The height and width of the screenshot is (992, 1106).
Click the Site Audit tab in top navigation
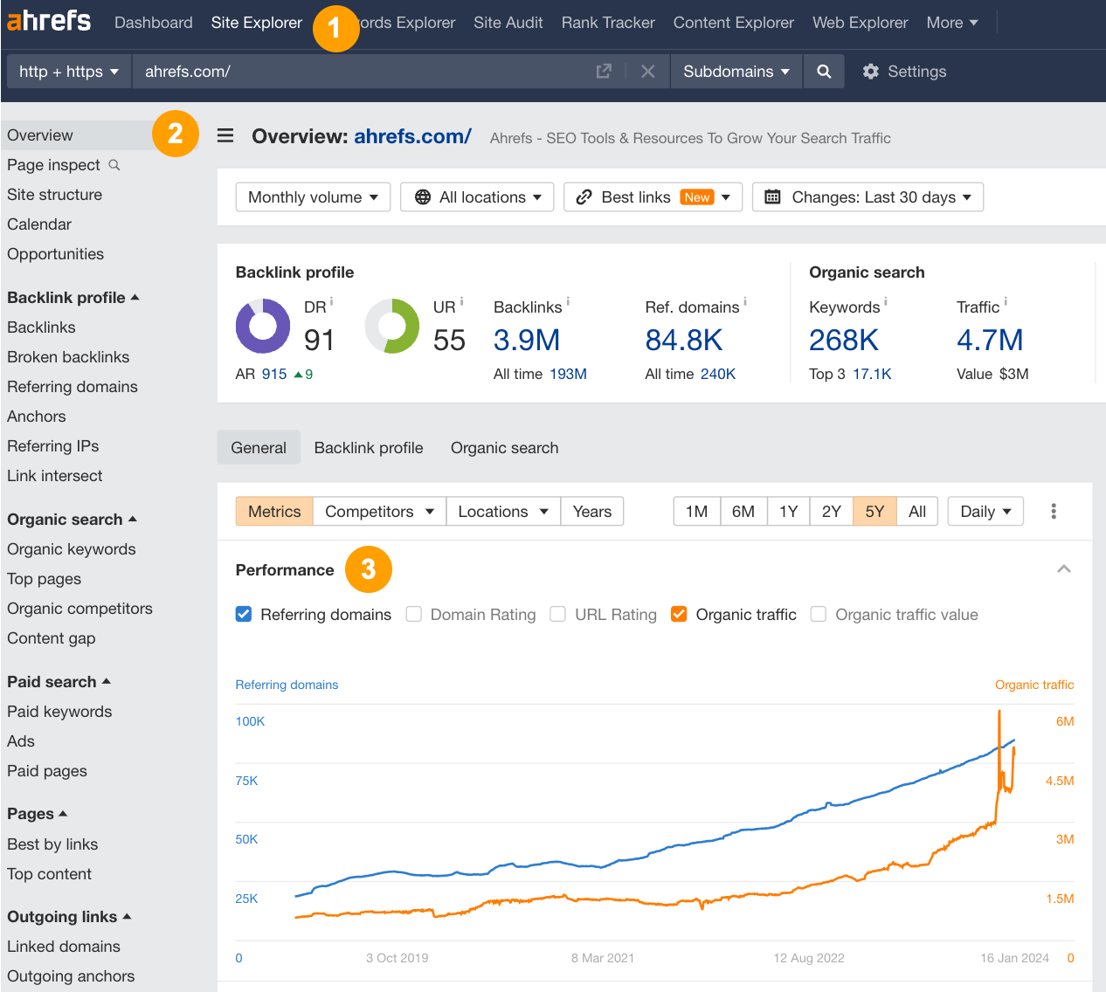point(508,23)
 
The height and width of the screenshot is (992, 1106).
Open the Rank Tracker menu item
point(608,23)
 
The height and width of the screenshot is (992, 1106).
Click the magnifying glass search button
point(823,72)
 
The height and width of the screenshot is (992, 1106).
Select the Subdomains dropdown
point(736,72)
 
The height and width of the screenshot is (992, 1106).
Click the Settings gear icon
point(870,72)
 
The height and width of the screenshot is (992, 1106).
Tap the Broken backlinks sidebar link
point(68,357)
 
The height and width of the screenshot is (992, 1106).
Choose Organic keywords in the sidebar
point(72,549)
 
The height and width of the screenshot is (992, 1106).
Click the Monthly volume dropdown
point(313,197)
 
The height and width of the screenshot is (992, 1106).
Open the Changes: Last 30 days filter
point(867,197)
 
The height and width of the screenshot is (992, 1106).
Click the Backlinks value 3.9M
point(526,340)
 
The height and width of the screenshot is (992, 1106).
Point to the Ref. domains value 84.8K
point(683,340)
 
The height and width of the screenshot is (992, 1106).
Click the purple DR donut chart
point(263,326)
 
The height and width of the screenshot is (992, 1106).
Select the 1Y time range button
point(788,512)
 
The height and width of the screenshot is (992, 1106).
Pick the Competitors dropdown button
point(379,512)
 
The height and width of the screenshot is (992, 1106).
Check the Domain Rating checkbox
point(414,615)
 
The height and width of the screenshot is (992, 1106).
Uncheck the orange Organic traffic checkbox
point(679,615)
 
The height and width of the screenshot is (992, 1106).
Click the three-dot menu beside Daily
point(1054,512)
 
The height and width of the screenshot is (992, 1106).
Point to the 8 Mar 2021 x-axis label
point(603,958)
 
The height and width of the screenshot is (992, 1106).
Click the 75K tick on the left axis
point(246,781)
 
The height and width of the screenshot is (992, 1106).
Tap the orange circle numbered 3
point(368,569)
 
